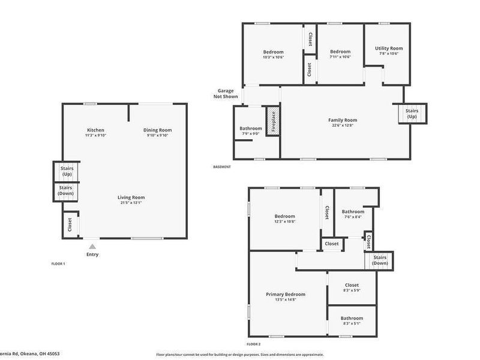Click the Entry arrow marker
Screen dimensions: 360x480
click(92, 245)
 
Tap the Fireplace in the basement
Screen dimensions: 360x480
click(273, 121)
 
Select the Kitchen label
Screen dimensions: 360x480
click(95, 130)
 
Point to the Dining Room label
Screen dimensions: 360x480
click(158, 130)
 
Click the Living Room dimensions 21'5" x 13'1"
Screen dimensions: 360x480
click(130, 203)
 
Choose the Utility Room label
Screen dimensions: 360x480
click(389, 48)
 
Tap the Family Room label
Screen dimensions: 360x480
click(343, 120)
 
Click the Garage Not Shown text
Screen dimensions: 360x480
click(227, 94)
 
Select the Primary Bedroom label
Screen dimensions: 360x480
click(286, 294)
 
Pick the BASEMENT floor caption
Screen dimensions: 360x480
click(221, 167)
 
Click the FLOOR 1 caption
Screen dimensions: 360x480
click(58, 263)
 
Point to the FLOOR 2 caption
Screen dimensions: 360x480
click(254, 344)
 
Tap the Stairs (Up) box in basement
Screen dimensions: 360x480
click(412, 113)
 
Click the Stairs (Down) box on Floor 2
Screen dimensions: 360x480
click(380, 260)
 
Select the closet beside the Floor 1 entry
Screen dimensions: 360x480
click(70, 224)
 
